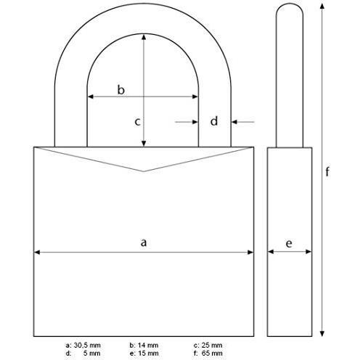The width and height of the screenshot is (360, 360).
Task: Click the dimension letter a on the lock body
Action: (144, 242)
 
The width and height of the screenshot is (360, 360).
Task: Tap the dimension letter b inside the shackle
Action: (121, 90)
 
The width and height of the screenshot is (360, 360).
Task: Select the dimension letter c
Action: (137, 122)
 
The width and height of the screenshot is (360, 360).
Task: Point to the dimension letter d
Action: (214, 121)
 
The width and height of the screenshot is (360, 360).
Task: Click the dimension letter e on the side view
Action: (289, 244)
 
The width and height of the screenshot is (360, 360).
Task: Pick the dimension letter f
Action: (327, 171)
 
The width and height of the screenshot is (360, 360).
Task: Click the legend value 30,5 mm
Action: (87, 345)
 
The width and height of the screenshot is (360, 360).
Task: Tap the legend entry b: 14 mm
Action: (144, 345)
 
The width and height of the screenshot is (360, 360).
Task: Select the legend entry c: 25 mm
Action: (208, 345)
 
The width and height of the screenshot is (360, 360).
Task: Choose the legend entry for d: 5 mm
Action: (83, 353)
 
